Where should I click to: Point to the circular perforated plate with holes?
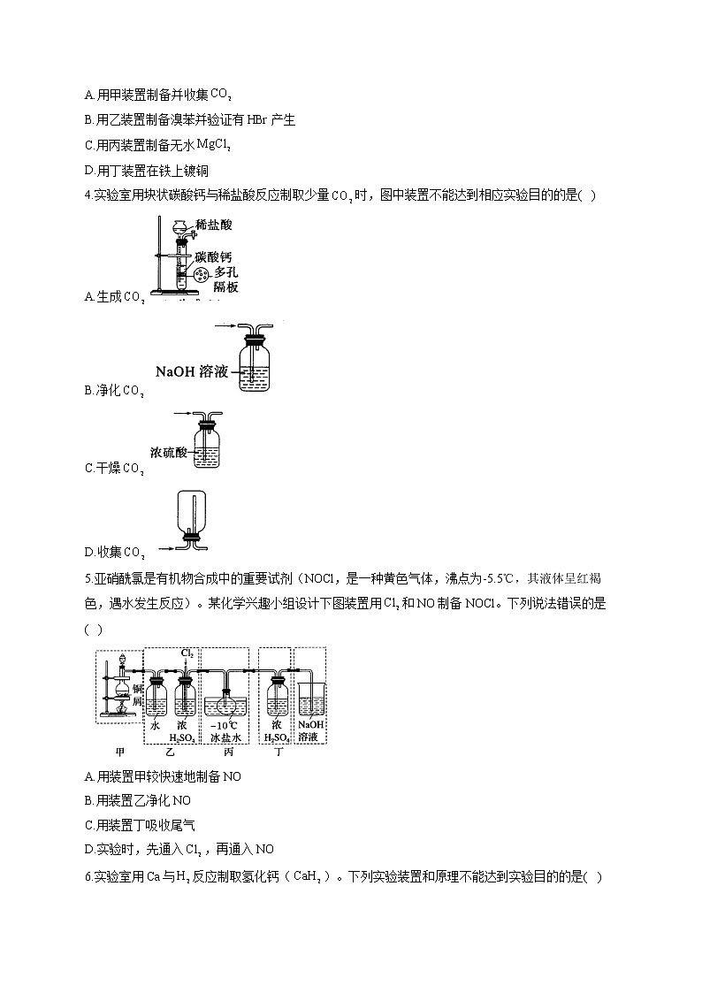[x=201, y=274]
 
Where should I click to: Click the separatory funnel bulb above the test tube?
[x=181, y=227]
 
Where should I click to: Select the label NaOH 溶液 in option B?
[x=189, y=372]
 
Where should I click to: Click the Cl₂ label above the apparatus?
[x=187, y=653]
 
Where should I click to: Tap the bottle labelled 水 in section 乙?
[x=156, y=698]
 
